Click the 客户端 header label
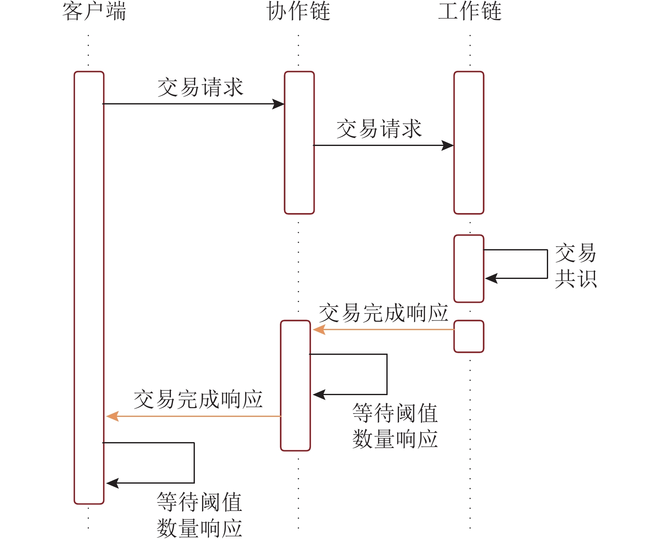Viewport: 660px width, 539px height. [94, 12]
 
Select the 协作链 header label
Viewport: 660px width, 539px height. [298, 12]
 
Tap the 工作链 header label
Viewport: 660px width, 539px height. [470, 12]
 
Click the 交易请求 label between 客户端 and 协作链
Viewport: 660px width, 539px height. [200, 88]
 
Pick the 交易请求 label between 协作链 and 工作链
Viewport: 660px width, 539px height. [379, 129]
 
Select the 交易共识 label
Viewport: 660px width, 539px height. [576, 266]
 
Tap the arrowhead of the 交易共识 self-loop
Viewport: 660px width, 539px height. [490, 278]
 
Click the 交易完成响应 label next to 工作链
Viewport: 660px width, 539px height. [383, 313]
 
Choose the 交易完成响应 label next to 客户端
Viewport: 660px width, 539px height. [198, 399]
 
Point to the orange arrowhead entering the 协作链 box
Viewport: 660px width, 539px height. [318, 330]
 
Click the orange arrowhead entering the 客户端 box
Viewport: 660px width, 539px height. [112, 416]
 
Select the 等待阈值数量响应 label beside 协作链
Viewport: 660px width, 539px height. [395, 426]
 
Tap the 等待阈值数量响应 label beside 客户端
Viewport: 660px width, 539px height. [199, 515]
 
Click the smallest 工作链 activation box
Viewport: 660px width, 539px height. [469, 336]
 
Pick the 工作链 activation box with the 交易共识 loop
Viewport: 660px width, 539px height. [469, 268]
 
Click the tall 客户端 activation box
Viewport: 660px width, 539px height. [89, 287]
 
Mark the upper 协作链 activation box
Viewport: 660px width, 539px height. [299, 143]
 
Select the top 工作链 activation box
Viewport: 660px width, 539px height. [469, 143]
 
